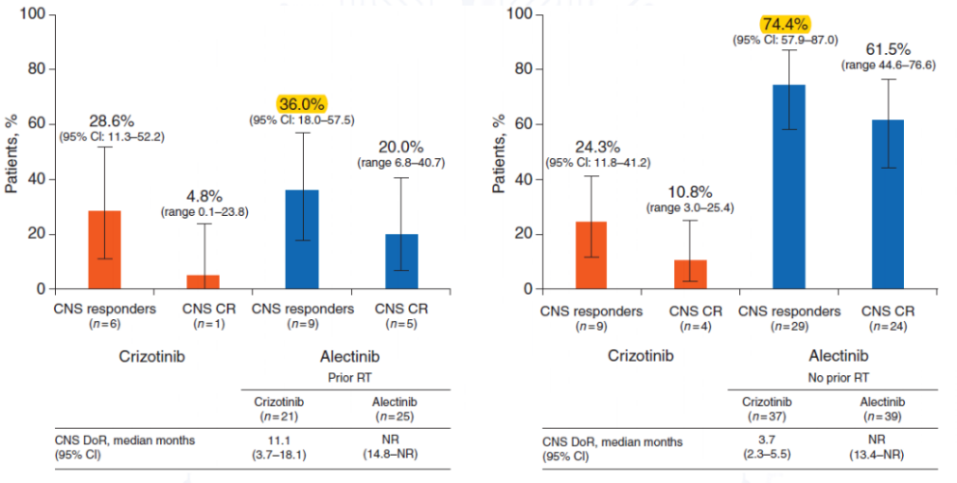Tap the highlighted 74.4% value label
[783, 23]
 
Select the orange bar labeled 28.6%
[104, 250]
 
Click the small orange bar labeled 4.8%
[203, 282]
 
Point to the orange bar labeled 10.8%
[690, 274]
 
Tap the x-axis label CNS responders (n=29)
[788, 319]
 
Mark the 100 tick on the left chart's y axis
[33, 14]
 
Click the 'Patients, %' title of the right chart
[500, 152]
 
